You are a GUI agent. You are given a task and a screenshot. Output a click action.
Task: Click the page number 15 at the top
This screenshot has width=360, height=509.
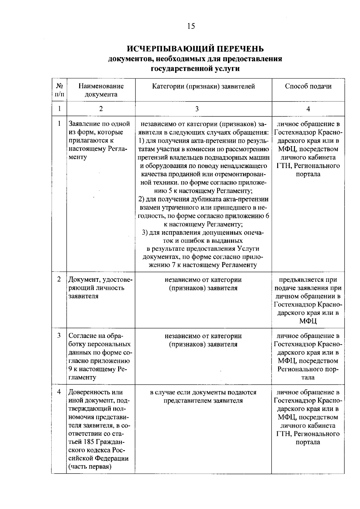[x=191, y=26]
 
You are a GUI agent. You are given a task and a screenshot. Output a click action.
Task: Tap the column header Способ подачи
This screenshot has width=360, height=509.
[x=308, y=86]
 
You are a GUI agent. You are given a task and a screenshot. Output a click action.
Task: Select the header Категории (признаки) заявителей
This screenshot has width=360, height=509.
[x=203, y=86]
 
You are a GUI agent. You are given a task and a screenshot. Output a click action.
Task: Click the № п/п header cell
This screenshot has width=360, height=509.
[x=59, y=90]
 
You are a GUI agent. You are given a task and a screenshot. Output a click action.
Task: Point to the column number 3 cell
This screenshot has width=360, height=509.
[x=197, y=109]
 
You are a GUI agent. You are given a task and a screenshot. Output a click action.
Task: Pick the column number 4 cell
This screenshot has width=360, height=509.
[x=308, y=109]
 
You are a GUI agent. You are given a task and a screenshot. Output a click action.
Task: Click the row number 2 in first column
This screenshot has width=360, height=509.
[x=59, y=279]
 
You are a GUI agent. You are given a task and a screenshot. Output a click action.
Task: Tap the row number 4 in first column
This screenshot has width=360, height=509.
[x=59, y=392]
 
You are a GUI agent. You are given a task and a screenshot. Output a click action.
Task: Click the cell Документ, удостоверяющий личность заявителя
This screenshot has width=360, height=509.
[x=100, y=288]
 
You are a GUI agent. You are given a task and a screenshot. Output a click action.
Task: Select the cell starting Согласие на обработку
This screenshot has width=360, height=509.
[x=100, y=356]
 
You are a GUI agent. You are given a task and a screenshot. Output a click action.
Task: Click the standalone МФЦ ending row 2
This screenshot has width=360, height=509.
[x=308, y=321]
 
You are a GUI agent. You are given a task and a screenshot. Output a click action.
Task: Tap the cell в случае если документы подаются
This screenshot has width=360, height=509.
[x=203, y=396]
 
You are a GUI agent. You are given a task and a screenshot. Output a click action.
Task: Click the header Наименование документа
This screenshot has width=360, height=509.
[x=101, y=90]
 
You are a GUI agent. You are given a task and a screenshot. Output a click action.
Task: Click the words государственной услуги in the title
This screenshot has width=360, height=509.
[x=195, y=69]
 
